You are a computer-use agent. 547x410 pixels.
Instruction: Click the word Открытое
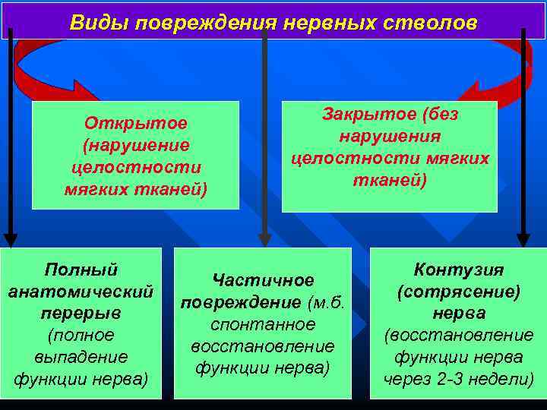click(x=136, y=123)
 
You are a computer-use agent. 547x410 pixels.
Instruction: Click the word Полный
click(x=81, y=270)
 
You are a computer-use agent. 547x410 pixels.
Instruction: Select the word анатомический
click(x=81, y=292)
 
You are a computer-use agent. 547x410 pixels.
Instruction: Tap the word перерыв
click(x=81, y=314)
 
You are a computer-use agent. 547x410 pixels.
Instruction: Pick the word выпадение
click(x=81, y=357)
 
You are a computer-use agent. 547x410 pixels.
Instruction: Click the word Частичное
click(x=263, y=280)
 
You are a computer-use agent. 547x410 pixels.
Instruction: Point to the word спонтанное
click(x=263, y=324)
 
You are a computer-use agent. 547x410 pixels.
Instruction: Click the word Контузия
click(x=458, y=270)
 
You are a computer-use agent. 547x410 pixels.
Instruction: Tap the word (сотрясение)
click(x=458, y=292)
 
